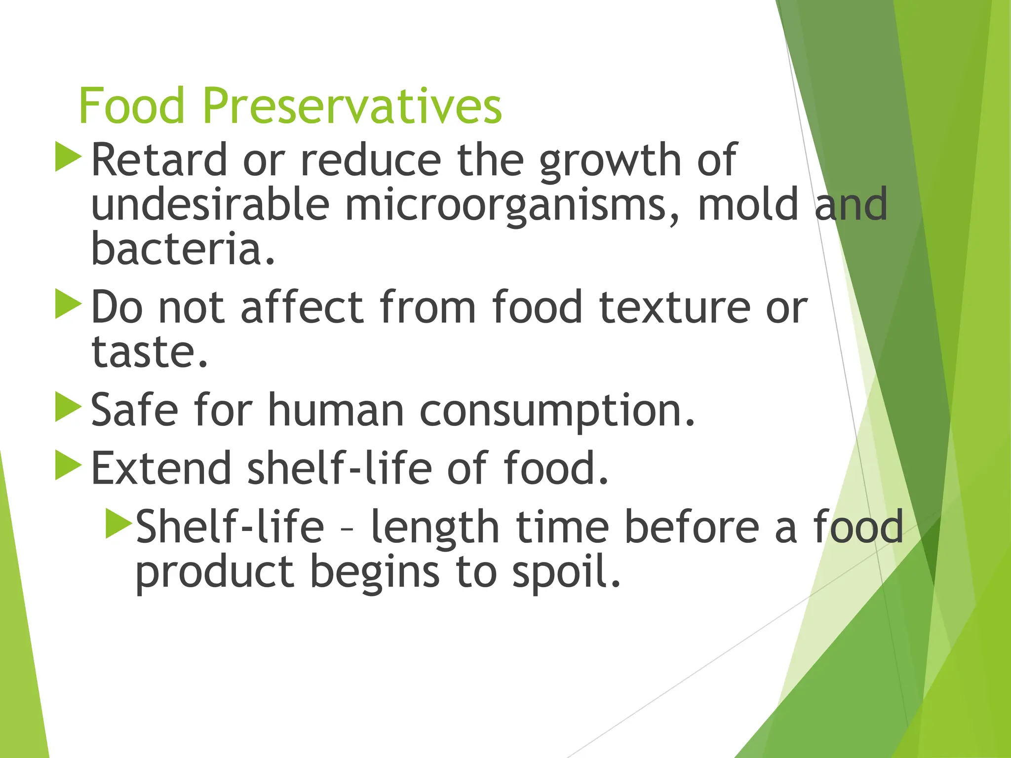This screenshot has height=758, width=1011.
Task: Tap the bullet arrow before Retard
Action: [68, 157]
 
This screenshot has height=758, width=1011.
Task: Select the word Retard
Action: [159, 160]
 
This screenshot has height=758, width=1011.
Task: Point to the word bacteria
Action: [183, 249]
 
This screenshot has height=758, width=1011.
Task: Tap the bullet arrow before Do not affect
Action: [68, 304]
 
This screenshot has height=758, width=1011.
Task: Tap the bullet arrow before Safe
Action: [68, 407]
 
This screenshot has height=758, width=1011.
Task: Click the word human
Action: [336, 411]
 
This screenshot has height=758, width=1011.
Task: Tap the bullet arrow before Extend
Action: [68, 464]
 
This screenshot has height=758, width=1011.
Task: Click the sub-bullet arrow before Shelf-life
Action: [118, 523]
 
